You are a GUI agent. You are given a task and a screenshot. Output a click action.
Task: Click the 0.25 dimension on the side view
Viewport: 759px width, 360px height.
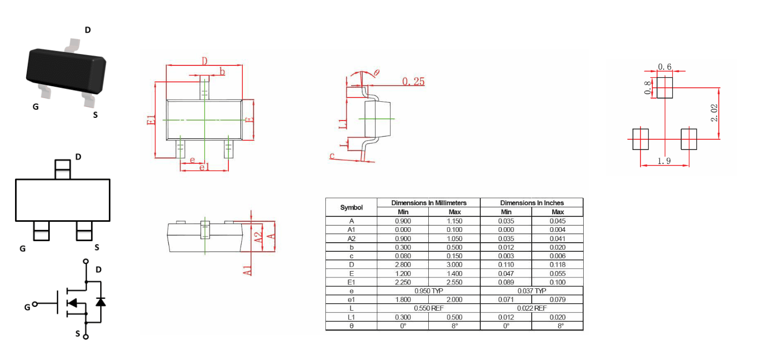[413, 81]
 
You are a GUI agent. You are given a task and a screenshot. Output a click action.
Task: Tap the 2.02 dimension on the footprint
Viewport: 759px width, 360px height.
[714, 113]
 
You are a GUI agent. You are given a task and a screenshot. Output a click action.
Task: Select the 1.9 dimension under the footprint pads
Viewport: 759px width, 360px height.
[664, 161]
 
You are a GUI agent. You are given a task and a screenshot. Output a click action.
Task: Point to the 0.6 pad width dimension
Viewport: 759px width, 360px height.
[665, 67]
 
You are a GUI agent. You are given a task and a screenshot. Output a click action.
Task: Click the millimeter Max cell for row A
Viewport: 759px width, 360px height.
[455, 221]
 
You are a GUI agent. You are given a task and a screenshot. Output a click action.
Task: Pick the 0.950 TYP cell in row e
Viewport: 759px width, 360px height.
[429, 291]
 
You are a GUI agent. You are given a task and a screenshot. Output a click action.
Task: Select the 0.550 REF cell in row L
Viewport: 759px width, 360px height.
[429, 308]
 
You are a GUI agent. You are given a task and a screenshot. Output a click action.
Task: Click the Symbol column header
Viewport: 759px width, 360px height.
[352, 207]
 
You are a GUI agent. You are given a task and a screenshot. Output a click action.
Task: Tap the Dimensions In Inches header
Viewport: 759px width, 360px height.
[532, 202]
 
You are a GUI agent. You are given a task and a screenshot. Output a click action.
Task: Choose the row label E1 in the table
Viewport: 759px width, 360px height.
[352, 282]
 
